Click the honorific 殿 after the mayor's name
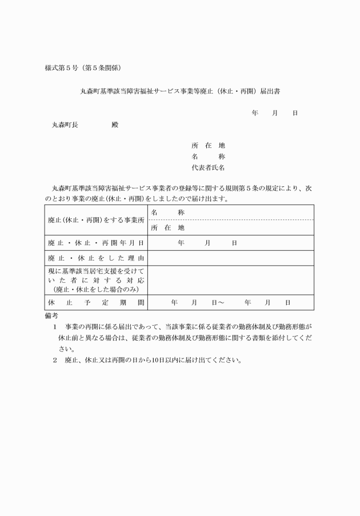(115, 124)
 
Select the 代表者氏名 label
(208, 168)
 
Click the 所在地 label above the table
(208, 146)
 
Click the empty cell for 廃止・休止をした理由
(230, 258)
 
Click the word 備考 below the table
(51, 315)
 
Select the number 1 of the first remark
(55, 327)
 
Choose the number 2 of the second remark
(55, 361)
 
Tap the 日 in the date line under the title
(295, 113)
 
